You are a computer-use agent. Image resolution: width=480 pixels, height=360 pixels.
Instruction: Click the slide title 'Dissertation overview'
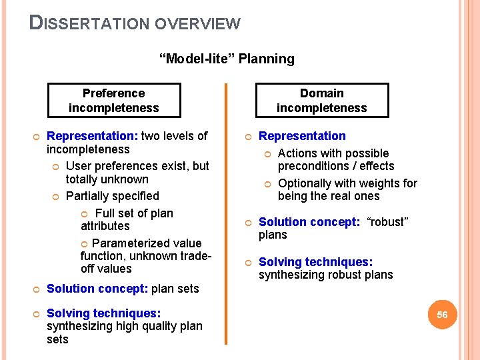pos(135,23)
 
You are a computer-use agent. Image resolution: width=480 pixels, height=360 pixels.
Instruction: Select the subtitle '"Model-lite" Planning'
pos(227,59)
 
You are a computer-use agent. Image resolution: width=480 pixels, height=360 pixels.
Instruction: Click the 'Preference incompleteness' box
pos(113,100)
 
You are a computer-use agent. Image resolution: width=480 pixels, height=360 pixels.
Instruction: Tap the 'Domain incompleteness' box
pos(321,100)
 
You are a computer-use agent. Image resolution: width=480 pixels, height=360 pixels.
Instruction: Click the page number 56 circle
pos(442,315)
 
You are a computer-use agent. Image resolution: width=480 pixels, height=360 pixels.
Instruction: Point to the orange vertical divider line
pos(226,213)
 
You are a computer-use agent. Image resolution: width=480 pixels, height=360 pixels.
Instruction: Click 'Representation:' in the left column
pos(92,136)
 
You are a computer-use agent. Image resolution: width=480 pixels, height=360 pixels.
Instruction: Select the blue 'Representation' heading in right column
pos(302,136)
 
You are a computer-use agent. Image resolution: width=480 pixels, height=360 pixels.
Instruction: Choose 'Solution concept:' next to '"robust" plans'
pos(309,222)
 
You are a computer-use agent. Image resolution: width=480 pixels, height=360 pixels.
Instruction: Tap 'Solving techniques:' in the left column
pos(103,313)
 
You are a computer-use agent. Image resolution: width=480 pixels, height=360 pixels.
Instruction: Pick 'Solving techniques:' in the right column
pos(315,262)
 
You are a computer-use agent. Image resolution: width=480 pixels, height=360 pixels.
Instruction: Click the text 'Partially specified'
pos(113,196)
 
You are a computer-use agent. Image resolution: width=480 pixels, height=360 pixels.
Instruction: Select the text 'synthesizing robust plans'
pos(325,275)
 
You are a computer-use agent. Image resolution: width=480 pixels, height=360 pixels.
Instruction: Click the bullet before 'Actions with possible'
pos(268,154)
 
